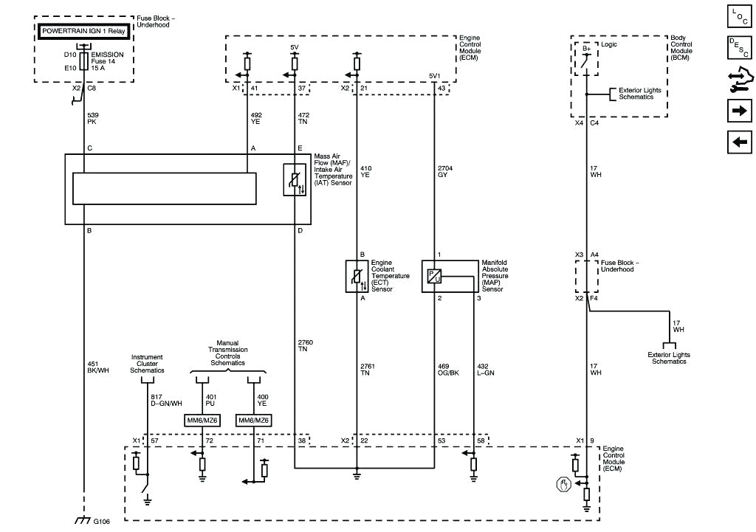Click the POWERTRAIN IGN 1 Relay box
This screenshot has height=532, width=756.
point(85,31)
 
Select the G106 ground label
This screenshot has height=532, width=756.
point(101,522)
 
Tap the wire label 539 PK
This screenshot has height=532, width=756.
point(93,120)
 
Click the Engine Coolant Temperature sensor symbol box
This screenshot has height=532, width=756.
point(357,276)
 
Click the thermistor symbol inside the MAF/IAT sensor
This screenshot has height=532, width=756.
point(295,180)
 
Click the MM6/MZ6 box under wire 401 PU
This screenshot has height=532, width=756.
point(202,421)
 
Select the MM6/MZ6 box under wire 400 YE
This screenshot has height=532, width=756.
point(254,421)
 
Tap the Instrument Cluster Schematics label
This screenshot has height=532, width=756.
point(147,364)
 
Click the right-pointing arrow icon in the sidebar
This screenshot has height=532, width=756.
point(739,111)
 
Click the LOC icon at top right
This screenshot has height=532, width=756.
point(739,15)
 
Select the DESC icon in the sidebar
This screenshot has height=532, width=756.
point(739,47)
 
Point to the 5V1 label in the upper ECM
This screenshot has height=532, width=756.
point(435,77)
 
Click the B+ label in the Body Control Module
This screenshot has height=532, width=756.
point(586,49)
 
